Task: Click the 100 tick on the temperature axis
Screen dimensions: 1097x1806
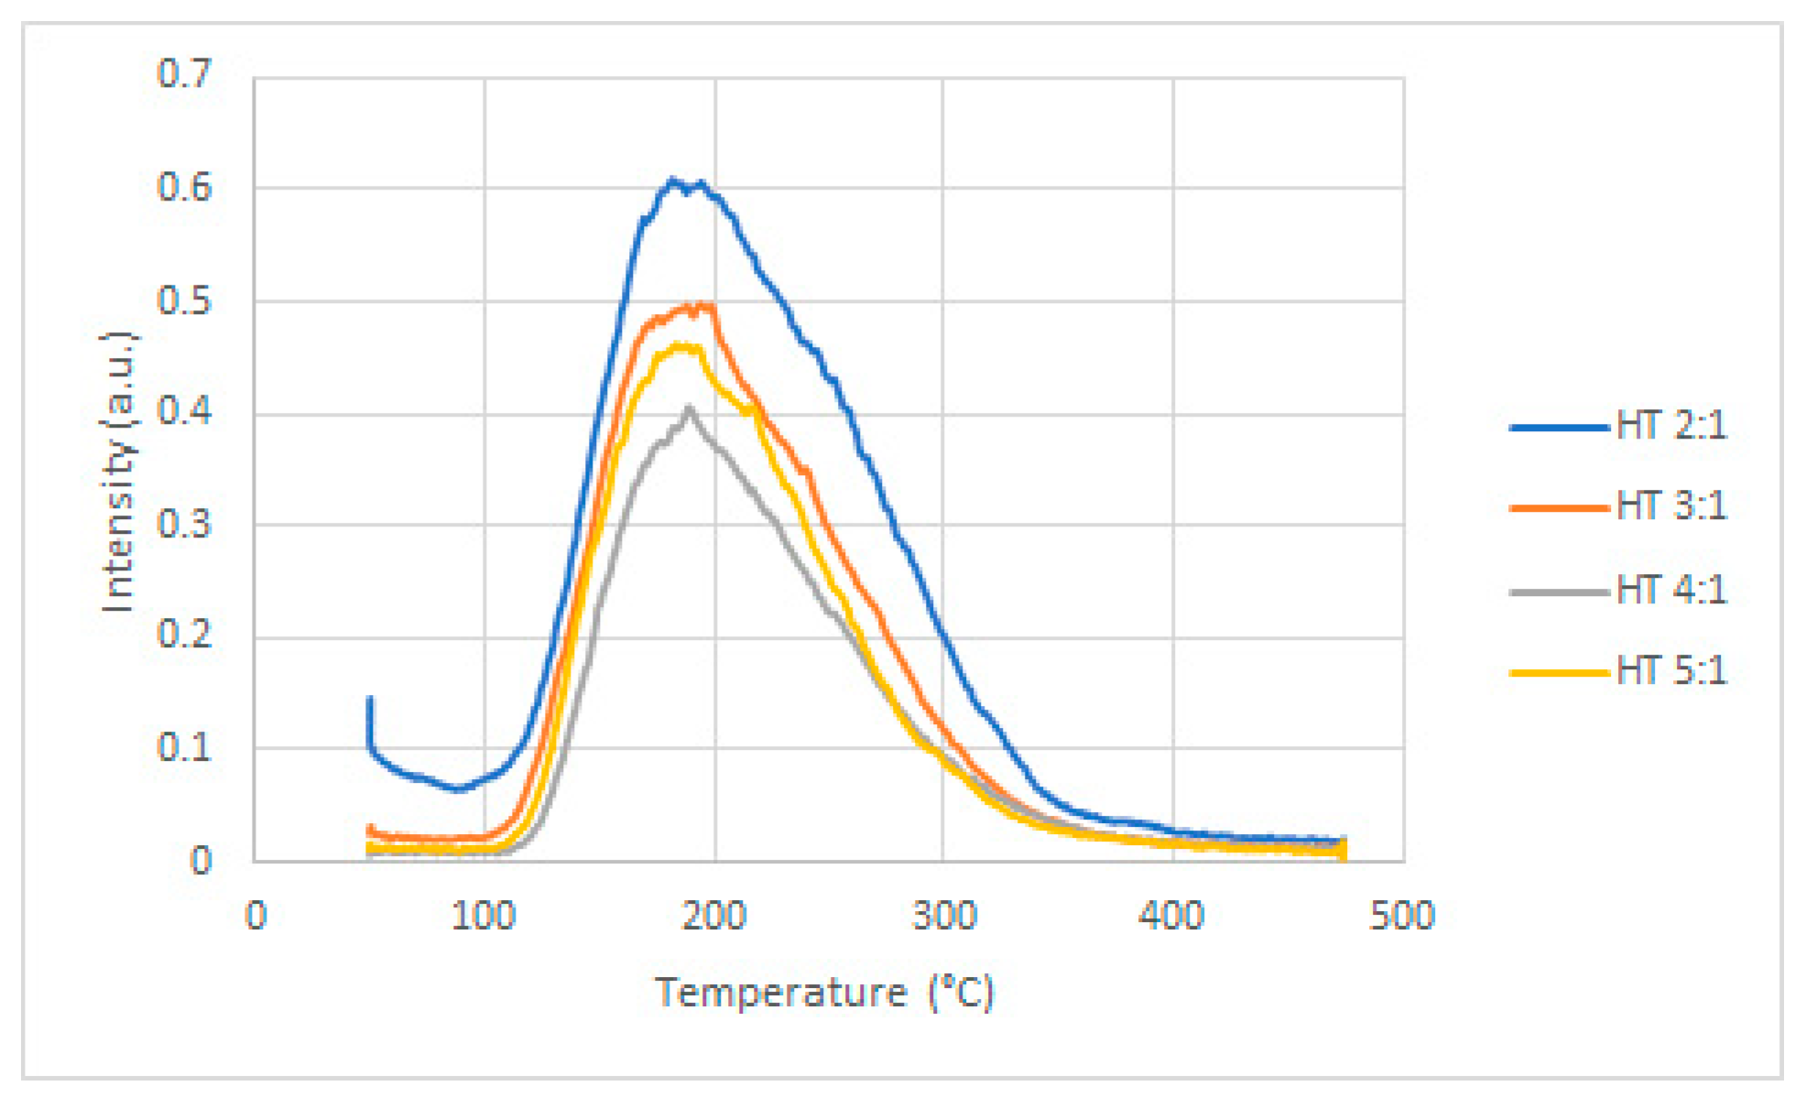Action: [484, 915]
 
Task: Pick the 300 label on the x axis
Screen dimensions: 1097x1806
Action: [943, 915]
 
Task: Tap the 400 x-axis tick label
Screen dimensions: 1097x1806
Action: [1172, 915]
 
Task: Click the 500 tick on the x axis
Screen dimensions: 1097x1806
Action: [1402, 915]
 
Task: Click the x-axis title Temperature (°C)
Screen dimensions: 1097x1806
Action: [824, 993]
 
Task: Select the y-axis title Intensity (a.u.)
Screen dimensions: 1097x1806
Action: [119, 472]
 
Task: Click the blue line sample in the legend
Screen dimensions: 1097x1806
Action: [1559, 427]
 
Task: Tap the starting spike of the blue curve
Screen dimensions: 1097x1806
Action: [370, 700]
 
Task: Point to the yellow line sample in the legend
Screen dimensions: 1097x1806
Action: [1559, 672]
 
